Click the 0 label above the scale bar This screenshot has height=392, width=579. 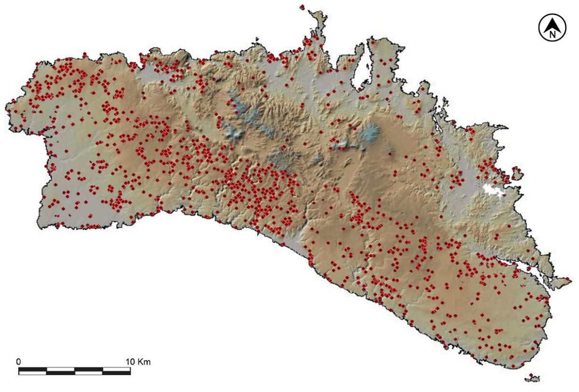coord(19,361)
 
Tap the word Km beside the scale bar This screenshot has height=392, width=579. coord(144,361)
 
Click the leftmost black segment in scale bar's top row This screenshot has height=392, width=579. coord(32,369)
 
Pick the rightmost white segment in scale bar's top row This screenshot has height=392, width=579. coord(116,369)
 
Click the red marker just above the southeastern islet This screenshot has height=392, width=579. coord(531,375)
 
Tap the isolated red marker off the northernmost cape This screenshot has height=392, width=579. coord(302,7)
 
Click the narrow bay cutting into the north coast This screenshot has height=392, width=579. coord(361,68)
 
